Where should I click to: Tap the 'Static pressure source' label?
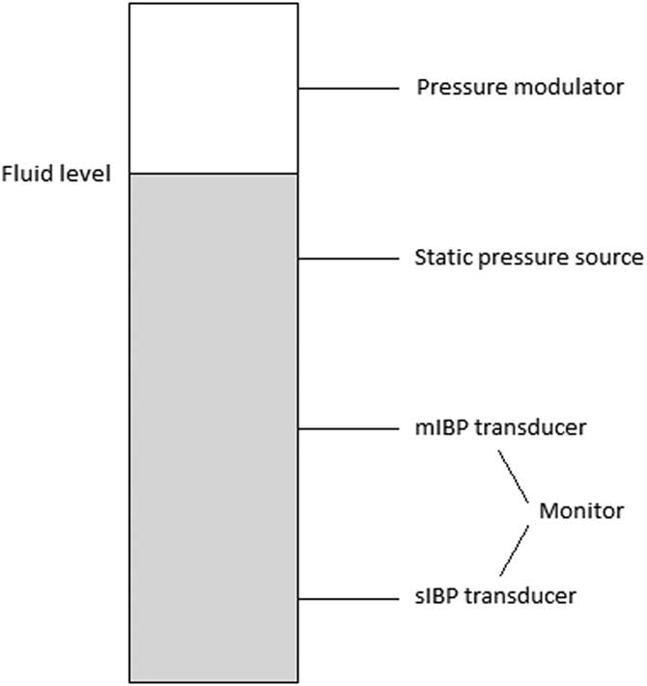coord(528,258)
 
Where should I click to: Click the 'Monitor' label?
coord(580,511)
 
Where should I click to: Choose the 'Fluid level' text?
coord(57,175)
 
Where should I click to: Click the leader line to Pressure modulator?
coord(349,89)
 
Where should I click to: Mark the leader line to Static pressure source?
coord(349,259)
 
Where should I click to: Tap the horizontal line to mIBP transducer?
coord(349,428)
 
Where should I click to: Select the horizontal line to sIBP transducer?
coord(349,598)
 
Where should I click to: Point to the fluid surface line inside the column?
coord(213,174)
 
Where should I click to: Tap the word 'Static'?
coord(439,258)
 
